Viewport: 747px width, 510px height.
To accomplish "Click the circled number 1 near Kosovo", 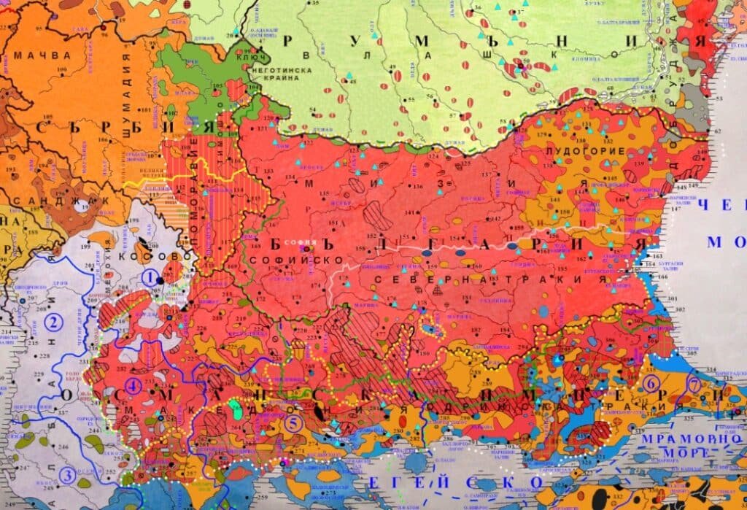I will click(150, 277).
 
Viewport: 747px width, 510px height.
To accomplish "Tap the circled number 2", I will click(53, 320).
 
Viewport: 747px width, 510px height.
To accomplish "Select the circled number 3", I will click(67, 476).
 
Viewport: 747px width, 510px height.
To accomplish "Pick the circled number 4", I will click(133, 386).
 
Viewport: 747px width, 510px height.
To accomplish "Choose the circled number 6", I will click(651, 382).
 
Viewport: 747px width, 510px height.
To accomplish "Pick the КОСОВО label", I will click(167, 257).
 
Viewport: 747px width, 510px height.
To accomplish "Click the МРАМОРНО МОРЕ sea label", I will click(691, 447).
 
